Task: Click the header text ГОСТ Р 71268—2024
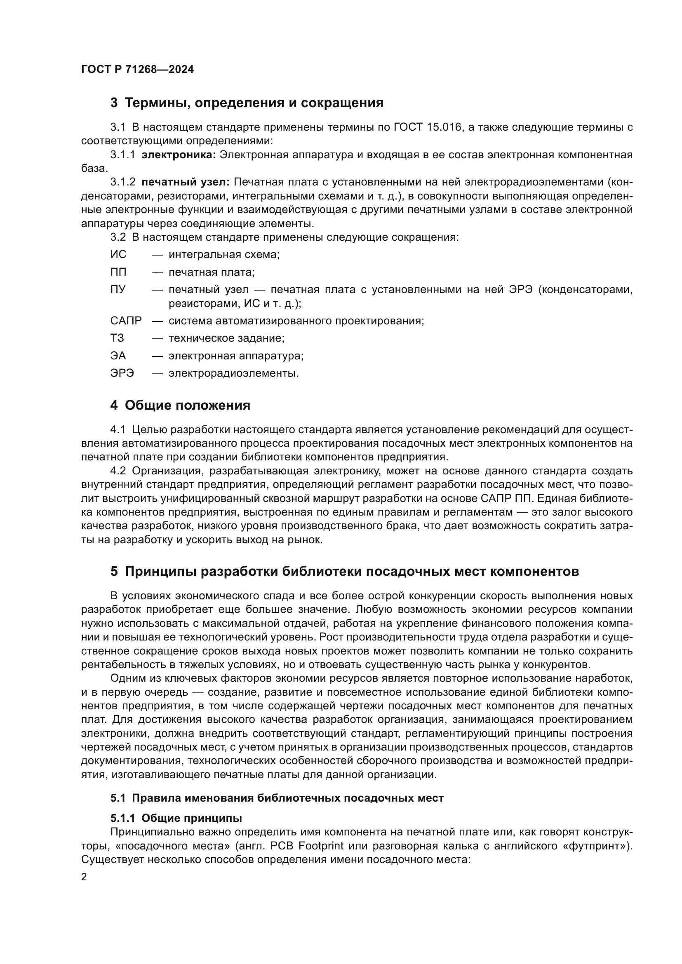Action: (x=137, y=70)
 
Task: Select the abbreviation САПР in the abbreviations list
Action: (x=126, y=321)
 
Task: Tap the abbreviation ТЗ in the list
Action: (x=117, y=338)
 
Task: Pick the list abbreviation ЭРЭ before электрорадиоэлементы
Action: (x=122, y=373)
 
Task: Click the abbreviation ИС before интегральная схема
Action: (x=118, y=254)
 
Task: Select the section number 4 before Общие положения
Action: (x=114, y=406)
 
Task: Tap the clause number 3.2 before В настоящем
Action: (x=118, y=237)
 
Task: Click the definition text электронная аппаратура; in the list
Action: (x=236, y=356)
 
